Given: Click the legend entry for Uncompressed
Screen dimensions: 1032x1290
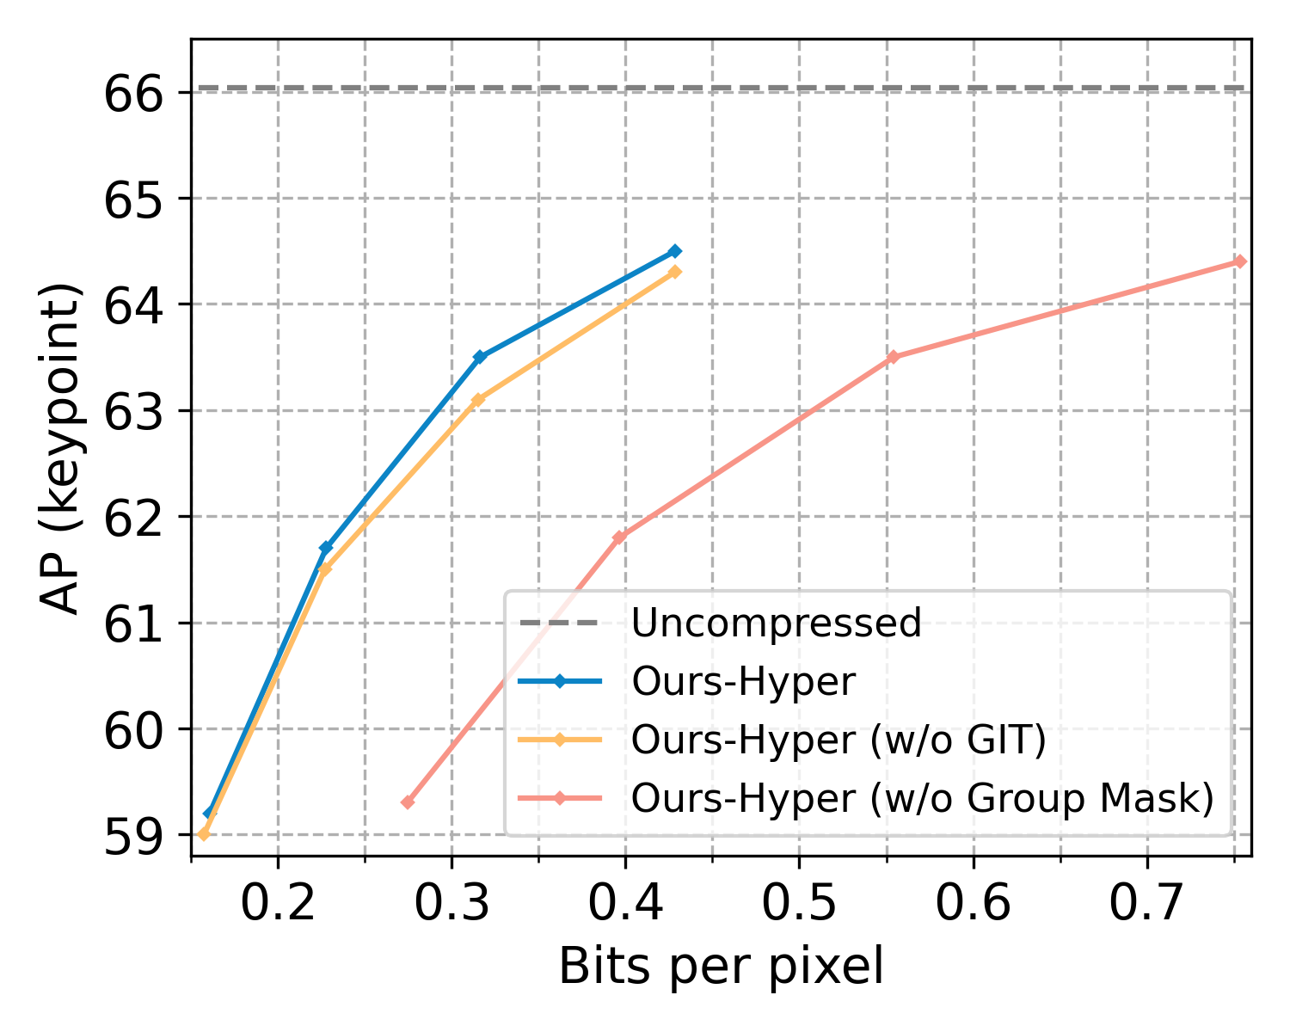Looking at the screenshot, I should pyautogui.click(x=776, y=623).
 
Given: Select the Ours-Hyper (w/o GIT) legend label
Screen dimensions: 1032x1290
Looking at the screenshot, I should pyautogui.click(x=838, y=740).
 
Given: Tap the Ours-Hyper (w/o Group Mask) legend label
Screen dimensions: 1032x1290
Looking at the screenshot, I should pyautogui.click(x=922, y=799).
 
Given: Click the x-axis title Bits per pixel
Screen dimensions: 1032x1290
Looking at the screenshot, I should pyautogui.click(x=721, y=967).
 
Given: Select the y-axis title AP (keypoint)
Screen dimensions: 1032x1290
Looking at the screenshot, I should pyautogui.click(x=63, y=447).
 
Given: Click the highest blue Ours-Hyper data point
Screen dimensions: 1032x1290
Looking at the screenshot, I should pyautogui.click(x=675, y=251).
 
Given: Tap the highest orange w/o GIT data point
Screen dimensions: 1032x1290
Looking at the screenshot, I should pyautogui.click(x=675, y=272).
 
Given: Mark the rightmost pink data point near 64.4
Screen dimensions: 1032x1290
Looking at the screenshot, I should pyautogui.click(x=1239, y=261).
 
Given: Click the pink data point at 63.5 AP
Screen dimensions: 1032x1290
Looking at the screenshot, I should pyautogui.click(x=893, y=357).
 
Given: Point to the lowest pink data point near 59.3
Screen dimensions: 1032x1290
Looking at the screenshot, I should pyautogui.click(x=408, y=802).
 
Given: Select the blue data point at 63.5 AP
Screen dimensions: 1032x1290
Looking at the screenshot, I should pyautogui.click(x=480, y=357).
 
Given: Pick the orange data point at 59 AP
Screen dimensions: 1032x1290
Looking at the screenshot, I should pyautogui.click(x=204, y=834).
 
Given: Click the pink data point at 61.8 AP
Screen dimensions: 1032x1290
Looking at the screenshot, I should pyautogui.click(x=619, y=537).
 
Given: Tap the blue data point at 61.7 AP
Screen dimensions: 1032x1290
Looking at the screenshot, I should pyautogui.click(x=326, y=548).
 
